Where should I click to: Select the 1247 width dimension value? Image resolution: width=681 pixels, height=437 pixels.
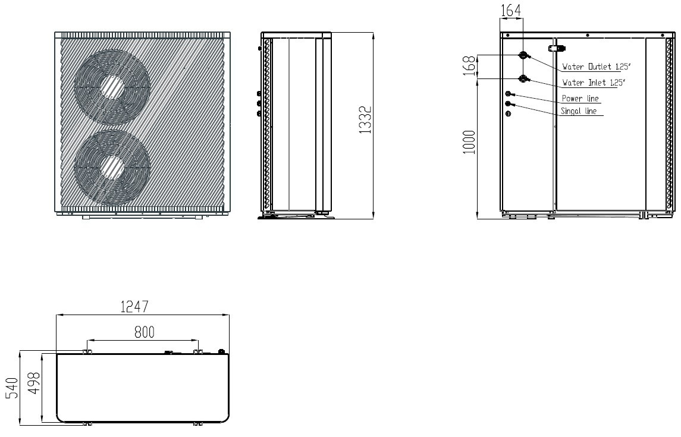134,307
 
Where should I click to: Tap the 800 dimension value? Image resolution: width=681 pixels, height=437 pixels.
144,332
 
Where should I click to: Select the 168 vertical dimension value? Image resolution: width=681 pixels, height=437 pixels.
470,67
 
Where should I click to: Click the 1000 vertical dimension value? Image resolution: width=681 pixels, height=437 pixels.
470,142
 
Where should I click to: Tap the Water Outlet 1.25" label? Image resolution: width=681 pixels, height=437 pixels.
594,67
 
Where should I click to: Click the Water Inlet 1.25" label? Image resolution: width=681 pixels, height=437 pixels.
593,83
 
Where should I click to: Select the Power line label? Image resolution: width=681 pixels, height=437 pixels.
580,99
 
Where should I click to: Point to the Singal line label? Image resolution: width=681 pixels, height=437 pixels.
580,111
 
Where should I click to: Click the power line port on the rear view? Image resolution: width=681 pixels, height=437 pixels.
509,94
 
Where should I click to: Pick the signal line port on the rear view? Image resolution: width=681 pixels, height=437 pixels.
509,104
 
